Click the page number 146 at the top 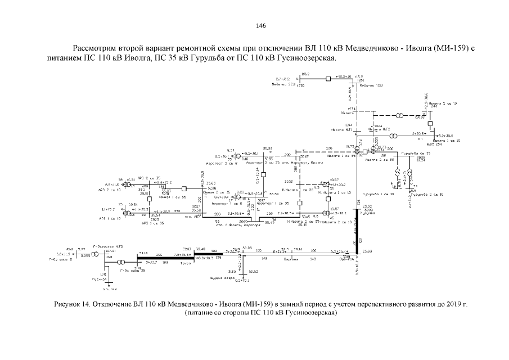260,26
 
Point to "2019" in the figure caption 452,305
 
